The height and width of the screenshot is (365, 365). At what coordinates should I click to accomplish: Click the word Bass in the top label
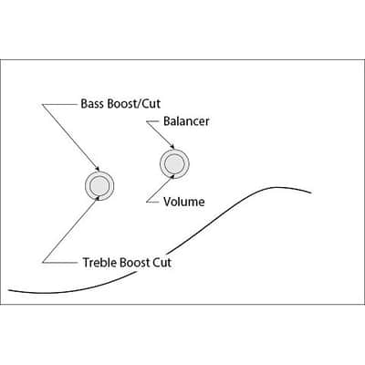[93, 104]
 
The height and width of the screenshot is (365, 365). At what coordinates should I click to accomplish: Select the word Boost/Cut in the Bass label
[134, 104]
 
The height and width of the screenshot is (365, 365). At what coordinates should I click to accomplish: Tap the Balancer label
[186, 121]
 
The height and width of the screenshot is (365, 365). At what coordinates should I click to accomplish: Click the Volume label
[184, 202]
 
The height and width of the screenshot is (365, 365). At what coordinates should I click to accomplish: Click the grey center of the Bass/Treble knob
[99, 185]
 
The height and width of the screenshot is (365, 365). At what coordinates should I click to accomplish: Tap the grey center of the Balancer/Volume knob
[174, 164]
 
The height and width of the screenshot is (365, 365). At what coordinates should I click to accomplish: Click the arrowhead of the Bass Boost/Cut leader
[98, 169]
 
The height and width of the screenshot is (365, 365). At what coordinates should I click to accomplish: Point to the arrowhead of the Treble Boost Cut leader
[98, 198]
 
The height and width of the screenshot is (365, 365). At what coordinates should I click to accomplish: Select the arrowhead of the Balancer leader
[172, 147]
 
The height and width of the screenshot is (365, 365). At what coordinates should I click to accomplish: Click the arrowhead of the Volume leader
[173, 176]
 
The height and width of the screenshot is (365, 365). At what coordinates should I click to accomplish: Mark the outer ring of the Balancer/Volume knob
[189, 164]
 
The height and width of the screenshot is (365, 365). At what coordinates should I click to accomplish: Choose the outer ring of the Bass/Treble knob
[114, 185]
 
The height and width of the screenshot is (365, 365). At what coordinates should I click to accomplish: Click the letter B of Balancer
[167, 121]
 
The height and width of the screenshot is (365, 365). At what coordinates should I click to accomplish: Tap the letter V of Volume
[168, 202]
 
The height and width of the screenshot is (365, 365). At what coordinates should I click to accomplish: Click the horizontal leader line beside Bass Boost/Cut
[59, 105]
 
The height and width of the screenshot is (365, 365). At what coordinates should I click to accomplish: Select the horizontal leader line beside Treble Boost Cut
[59, 262]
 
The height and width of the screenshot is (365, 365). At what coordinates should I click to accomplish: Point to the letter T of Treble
[87, 263]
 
